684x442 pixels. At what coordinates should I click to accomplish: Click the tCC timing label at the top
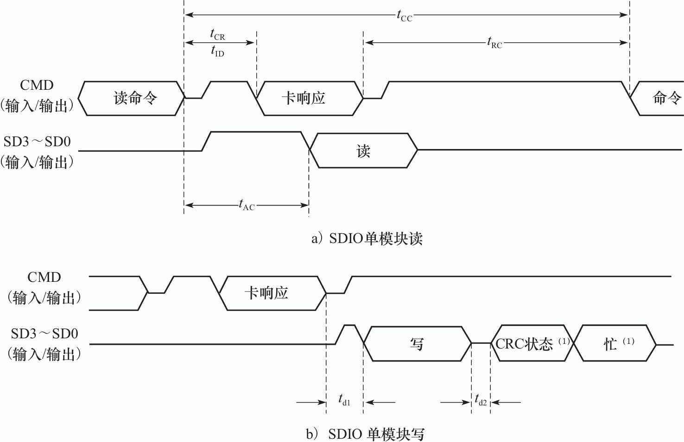tap(404, 16)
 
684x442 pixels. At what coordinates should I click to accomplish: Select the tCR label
tap(217, 34)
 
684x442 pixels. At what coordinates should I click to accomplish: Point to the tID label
tap(217, 51)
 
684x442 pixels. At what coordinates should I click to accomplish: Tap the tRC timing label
tap(494, 43)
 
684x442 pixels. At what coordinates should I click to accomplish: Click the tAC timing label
tap(247, 205)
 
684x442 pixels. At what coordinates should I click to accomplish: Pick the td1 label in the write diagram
tap(344, 400)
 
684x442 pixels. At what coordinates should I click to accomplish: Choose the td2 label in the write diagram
tap(481, 400)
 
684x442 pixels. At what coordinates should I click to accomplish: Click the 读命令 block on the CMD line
tap(135, 98)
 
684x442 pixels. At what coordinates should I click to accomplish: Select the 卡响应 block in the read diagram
tap(304, 98)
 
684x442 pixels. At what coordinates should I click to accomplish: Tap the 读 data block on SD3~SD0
tap(363, 151)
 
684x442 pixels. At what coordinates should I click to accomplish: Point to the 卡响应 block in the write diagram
tap(266, 293)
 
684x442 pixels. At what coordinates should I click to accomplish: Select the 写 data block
tap(417, 344)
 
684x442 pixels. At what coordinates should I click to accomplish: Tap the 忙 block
tap(611, 344)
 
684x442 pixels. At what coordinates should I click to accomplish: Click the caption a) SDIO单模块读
tap(367, 238)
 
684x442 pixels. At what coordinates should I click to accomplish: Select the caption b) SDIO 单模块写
tap(365, 434)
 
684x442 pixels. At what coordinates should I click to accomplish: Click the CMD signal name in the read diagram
tap(37, 85)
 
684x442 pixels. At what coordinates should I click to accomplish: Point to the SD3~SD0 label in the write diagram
tap(44, 334)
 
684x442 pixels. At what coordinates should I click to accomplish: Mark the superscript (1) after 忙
tap(628, 341)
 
